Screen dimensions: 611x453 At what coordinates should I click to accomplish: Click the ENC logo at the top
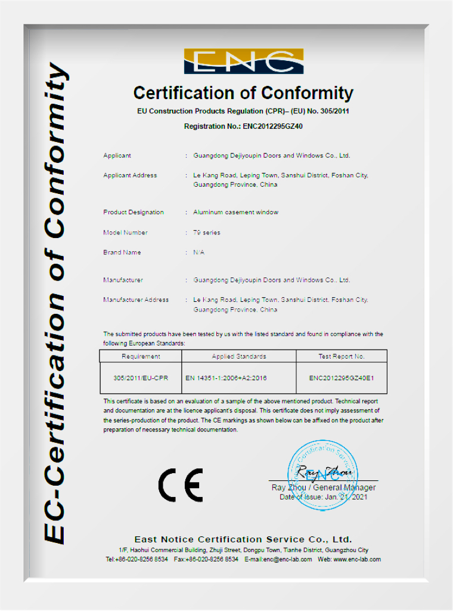point(243,61)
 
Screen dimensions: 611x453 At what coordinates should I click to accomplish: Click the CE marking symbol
point(180,485)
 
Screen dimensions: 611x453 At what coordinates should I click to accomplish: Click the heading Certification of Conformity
point(243,93)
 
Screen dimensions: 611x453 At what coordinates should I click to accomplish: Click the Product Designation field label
point(134,212)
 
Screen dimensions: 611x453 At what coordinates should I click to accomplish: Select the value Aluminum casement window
point(235,212)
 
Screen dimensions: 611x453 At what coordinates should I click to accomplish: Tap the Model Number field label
point(125,233)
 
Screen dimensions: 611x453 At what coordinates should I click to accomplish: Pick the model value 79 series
point(207,233)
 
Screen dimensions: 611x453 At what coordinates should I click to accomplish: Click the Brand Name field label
point(122,252)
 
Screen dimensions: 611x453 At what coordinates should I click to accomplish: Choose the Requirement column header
point(141,356)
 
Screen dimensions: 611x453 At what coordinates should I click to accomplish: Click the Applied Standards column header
point(239,356)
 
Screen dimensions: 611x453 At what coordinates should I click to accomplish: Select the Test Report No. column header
point(342,356)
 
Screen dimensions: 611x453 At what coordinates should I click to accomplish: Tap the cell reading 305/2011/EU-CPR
point(141,378)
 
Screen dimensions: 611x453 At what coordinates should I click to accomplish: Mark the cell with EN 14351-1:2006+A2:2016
point(235,378)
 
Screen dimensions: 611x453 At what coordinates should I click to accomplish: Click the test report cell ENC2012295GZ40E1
point(342,378)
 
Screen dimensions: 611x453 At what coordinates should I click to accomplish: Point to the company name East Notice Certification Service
point(243,539)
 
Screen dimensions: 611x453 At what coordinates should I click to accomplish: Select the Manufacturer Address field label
point(136,300)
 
